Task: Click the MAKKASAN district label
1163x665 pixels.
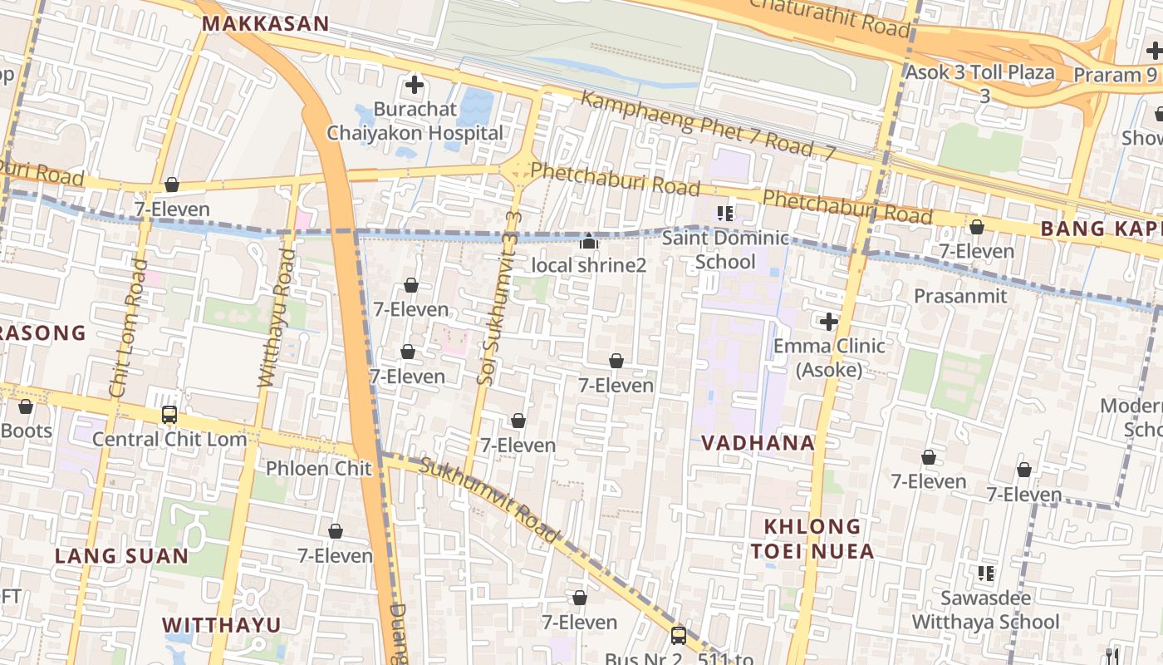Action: tap(266, 24)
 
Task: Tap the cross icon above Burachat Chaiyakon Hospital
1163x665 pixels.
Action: tap(414, 84)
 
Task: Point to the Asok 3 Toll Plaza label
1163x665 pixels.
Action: tap(979, 72)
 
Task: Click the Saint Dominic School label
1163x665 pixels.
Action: tap(725, 250)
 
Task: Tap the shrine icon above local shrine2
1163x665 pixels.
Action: tap(589, 242)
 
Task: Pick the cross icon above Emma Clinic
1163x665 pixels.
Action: tap(828, 321)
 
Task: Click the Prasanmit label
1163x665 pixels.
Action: tap(959, 296)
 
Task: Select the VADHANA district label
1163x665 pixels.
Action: tap(758, 443)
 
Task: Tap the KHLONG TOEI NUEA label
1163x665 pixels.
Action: tap(812, 539)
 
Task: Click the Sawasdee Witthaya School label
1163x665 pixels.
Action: tap(985, 610)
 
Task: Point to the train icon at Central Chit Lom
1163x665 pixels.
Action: tap(169, 414)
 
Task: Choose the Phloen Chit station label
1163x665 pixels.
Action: tap(318, 469)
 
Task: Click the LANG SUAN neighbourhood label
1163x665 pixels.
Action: tap(121, 556)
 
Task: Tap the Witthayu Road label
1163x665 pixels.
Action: tap(276, 318)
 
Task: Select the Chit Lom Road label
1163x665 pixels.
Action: tap(129, 328)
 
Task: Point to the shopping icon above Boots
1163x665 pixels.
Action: tap(26, 406)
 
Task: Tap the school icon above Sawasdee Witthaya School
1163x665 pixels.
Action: tap(985, 573)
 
